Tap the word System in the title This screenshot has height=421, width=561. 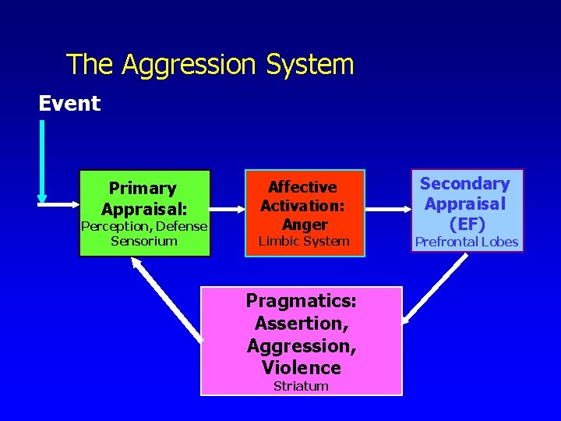coord(310,65)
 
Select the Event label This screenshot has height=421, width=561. coord(70,104)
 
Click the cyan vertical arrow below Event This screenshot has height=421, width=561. coord(42,160)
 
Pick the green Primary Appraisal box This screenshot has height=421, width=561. coord(145,213)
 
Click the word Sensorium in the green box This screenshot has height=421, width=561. coord(144,241)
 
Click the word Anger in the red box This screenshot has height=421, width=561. coord(305,225)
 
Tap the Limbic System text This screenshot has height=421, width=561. coord(304,241)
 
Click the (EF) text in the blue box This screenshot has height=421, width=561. coord(464,224)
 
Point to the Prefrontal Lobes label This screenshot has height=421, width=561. coord(466,242)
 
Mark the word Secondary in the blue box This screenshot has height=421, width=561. coord(464,184)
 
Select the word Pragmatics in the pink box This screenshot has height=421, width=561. coord(301,301)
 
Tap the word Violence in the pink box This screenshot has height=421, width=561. coord(302,367)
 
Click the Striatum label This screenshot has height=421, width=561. coord(301,386)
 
